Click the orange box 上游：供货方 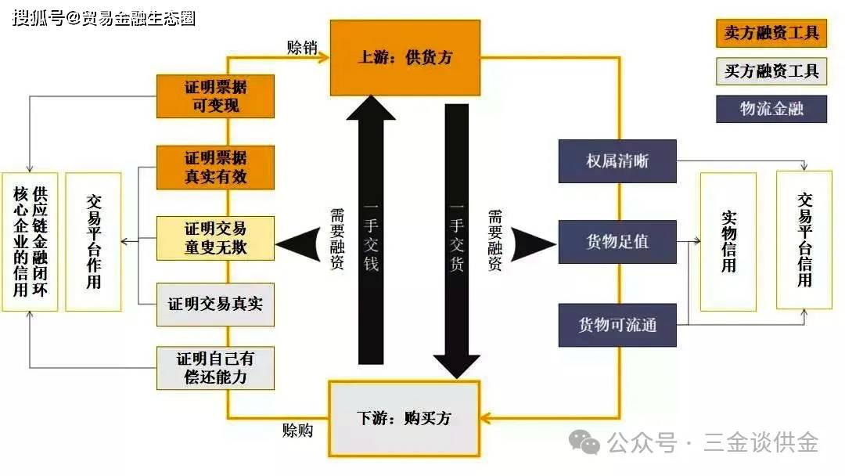point(405,58)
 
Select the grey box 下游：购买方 point(404,418)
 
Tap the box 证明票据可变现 point(216,96)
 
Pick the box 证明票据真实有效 point(216,167)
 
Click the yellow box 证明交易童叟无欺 point(216,238)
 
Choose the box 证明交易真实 point(216,305)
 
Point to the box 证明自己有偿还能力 point(216,368)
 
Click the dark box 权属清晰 point(617,161)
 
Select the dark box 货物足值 point(617,241)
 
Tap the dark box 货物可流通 point(617,325)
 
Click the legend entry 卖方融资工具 point(771,33)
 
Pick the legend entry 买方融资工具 point(771,71)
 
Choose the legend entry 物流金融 point(771,109)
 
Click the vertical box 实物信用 point(728,241)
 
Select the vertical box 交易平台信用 point(804,240)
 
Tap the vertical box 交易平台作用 point(93,241)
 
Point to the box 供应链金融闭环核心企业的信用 point(30,241)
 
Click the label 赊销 point(302,48)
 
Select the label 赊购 point(297,430)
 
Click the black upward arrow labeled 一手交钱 point(371,230)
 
